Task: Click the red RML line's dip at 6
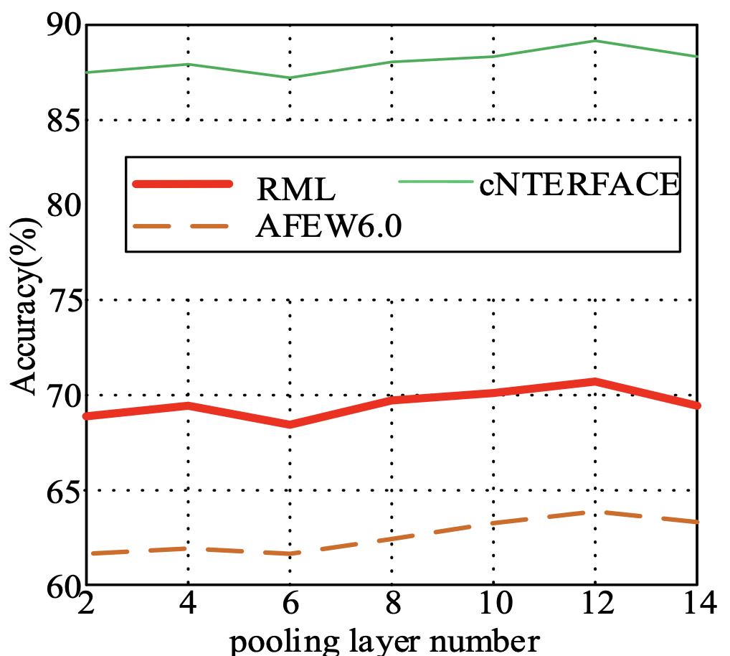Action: [290, 424]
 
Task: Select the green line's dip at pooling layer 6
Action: [290, 78]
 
